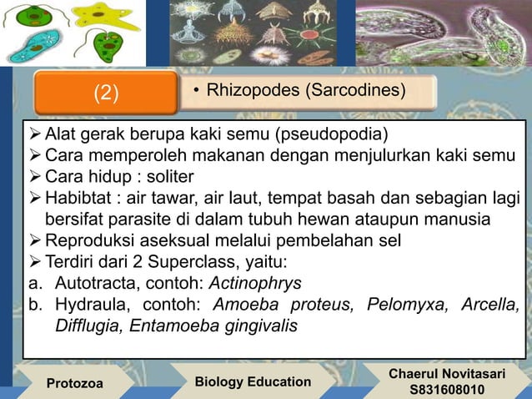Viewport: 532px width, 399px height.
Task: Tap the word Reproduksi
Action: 88,240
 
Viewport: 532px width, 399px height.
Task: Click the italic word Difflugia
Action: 88,325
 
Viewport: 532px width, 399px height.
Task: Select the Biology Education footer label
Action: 252,381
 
